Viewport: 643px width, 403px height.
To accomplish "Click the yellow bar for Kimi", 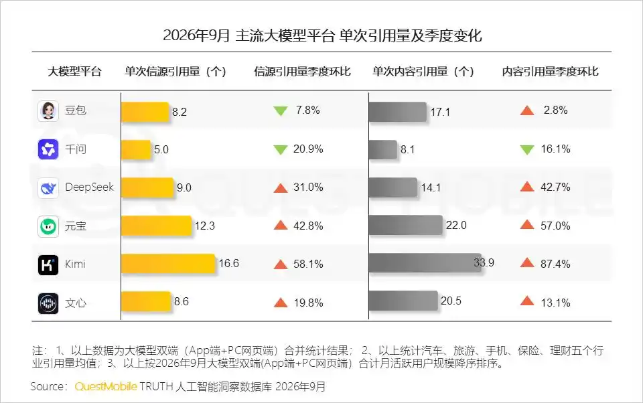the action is [x=168, y=264].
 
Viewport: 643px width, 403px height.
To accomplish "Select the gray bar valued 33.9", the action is [x=425, y=263].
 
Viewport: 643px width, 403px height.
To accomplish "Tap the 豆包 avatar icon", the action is [x=48, y=111].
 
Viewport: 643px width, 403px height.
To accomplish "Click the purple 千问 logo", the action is [x=48, y=149].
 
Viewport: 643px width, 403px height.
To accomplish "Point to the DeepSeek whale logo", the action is [x=48, y=188].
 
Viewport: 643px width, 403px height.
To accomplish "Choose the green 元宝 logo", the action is [x=48, y=226].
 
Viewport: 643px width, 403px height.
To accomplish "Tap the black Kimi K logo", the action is [x=48, y=265].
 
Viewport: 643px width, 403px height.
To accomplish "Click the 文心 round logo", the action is [x=48, y=303].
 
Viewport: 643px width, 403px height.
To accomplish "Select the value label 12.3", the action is [x=205, y=226].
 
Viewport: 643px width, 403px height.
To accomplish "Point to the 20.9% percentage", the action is [x=308, y=149].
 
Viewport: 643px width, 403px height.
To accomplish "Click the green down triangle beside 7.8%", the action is [x=281, y=111].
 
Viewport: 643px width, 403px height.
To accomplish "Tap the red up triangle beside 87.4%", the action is [x=527, y=263].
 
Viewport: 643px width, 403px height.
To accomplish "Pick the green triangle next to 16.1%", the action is [x=527, y=150].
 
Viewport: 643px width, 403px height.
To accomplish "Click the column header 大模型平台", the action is [x=74, y=72].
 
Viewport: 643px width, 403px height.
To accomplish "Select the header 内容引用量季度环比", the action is [x=551, y=72].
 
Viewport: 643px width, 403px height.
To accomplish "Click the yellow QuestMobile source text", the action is [x=106, y=386].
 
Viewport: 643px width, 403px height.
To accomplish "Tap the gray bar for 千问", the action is [x=383, y=150].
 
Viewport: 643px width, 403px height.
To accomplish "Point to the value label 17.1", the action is [x=440, y=112].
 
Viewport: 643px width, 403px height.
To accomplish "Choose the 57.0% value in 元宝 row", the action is [x=555, y=226].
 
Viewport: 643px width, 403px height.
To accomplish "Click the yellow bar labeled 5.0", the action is [x=136, y=150].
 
